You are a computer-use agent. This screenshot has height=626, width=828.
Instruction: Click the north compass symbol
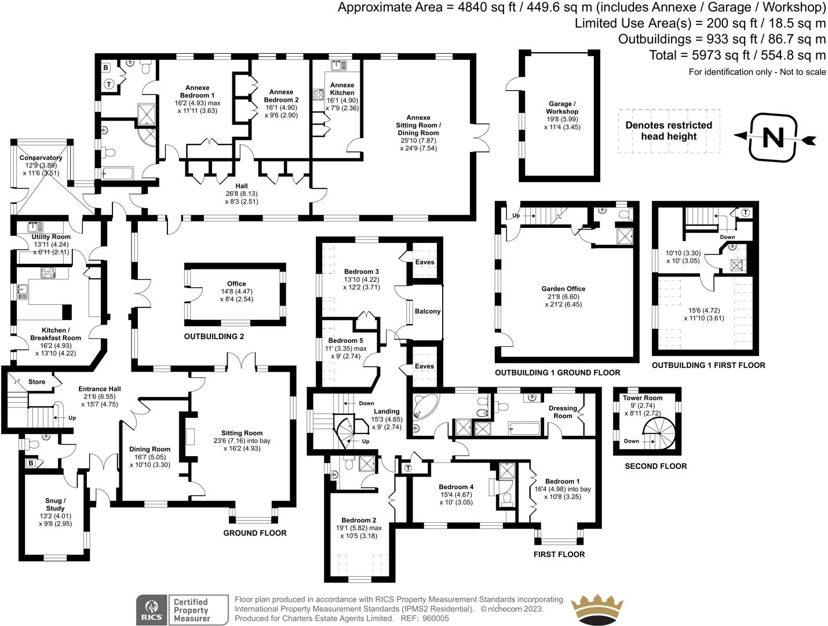pos(773,138)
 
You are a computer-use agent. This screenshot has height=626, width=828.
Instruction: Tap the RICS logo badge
pos(151,610)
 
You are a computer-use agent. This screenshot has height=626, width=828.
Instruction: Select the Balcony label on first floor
pos(428,311)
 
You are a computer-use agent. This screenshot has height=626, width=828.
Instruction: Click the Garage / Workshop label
pos(561,108)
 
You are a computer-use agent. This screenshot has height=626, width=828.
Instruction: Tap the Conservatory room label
pos(41,158)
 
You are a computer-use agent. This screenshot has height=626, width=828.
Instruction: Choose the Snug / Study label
pos(55,504)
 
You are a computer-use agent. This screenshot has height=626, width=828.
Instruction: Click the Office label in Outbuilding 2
pos(236,284)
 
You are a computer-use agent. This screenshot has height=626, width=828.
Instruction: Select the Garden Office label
pos(563,289)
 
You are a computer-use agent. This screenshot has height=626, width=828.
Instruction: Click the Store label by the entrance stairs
pos(37,382)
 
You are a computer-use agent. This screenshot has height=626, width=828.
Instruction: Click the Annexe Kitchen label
pos(342,89)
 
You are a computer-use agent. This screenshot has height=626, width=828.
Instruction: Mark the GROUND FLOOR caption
pos(255,533)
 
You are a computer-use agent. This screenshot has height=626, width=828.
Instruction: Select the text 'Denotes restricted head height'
pos(669,131)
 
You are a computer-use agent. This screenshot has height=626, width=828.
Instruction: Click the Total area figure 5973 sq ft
pos(737,55)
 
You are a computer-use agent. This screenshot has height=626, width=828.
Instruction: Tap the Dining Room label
pos(149,449)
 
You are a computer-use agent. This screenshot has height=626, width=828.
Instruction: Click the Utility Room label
pos(51,236)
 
